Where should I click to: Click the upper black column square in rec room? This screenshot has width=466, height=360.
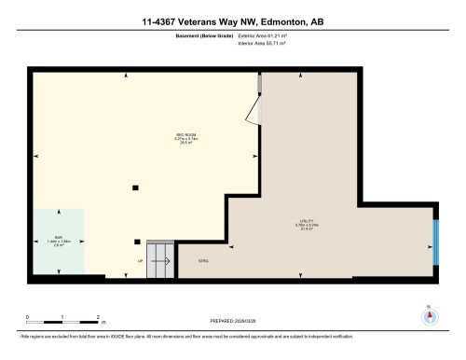(136, 187)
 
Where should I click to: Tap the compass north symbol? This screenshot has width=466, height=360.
(429, 313)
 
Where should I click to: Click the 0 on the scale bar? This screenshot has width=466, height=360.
(27, 317)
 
